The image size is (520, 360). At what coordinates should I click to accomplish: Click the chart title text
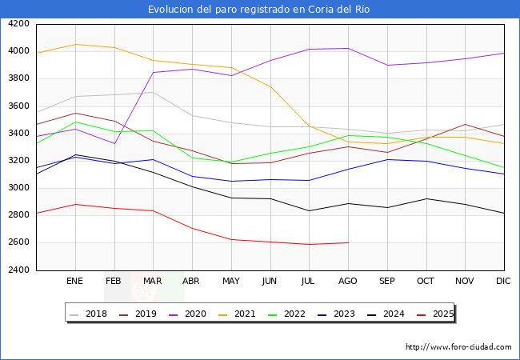[x=260, y=10]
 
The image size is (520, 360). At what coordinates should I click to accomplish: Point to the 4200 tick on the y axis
[x=18, y=24]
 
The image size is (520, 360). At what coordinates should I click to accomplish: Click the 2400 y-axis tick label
[x=18, y=270]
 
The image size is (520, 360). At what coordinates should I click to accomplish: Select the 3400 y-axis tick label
[x=18, y=134]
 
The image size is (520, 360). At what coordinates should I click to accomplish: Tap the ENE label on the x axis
[x=74, y=281]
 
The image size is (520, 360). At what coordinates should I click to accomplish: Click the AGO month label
[x=348, y=281]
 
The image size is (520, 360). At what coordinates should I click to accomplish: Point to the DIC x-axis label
[x=503, y=281]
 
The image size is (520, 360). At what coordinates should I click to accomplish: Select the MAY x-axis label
[x=230, y=281]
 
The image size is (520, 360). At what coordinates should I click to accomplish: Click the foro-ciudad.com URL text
[x=458, y=346]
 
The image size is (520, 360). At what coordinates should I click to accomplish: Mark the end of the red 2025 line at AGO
[x=348, y=242]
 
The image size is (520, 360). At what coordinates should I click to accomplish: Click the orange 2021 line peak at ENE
[x=74, y=44]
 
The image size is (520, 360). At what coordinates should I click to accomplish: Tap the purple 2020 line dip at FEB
[x=114, y=144]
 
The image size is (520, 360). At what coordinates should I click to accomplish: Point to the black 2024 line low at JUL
[x=309, y=211]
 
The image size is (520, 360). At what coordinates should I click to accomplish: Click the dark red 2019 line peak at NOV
[x=465, y=124]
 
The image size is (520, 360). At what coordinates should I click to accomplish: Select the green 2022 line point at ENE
[x=74, y=122]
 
